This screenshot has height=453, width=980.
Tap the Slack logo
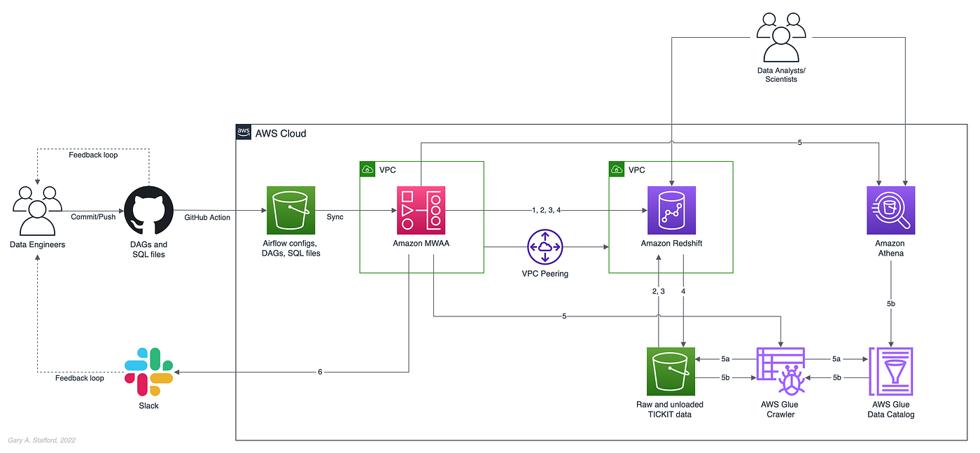148,371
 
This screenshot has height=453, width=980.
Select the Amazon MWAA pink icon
420,210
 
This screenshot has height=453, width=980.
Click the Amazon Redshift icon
671,210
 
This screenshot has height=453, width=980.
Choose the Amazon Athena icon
890,210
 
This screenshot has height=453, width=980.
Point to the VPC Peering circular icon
545,246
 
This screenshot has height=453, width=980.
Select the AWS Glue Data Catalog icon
890,371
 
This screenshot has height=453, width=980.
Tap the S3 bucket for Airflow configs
291,210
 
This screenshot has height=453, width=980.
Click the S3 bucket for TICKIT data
671,371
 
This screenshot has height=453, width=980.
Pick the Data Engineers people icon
37,211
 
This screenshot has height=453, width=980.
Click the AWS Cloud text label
280,133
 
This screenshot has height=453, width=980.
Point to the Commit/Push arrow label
93,217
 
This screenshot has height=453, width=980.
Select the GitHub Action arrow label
208,217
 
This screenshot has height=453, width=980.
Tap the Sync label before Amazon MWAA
335,217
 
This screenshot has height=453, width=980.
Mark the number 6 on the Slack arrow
320,372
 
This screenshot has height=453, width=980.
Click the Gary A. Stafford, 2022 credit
42,440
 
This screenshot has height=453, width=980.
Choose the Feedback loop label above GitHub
93,155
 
